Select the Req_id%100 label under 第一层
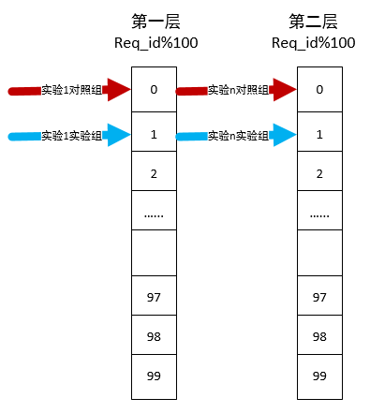pos(155,43)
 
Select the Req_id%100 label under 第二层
pos(318,43)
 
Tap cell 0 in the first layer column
pos(155,90)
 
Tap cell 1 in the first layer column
pos(155,135)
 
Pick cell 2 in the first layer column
pos(155,173)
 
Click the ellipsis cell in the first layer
pos(155,214)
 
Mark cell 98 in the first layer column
pos(155,335)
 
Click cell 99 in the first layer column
pos(155,375)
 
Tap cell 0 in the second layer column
pos(319,90)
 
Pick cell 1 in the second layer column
pos(319,135)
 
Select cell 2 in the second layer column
pos(319,173)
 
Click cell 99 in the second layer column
pos(319,375)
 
